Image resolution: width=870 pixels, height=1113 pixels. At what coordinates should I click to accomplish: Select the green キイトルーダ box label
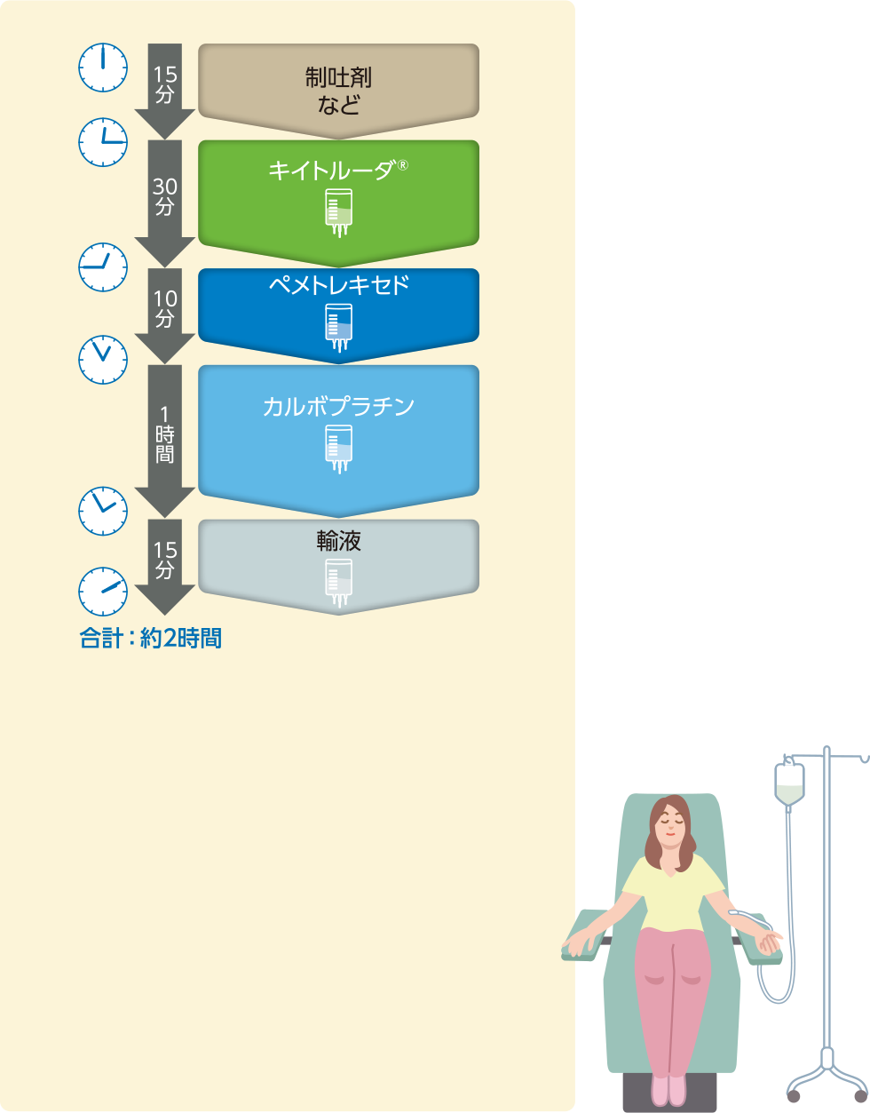click(x=331, y=171)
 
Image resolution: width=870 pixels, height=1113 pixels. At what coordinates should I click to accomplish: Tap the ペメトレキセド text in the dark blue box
click(x=338, y=286)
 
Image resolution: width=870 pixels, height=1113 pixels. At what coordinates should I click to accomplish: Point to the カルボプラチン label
click(x=338, y=407)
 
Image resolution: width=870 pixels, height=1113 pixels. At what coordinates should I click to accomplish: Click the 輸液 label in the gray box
click(x=338, y=540)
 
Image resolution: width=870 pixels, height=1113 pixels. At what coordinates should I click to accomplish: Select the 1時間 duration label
click(x=164, y=435)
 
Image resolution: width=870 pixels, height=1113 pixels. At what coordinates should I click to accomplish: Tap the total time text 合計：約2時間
click(x=150, y=638)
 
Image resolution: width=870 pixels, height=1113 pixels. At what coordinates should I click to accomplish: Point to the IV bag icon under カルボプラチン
click(x=338, y=449)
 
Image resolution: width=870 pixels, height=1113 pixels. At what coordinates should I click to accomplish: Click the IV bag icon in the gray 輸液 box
click(x=338, y=582)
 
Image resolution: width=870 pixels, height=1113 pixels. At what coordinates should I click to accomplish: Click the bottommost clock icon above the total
click(x=103, y=591)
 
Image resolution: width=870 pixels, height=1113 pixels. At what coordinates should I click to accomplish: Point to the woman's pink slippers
click(x=668, y=1088)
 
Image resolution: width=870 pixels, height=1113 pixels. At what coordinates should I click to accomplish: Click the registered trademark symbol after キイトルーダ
click(x=402, y=164)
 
